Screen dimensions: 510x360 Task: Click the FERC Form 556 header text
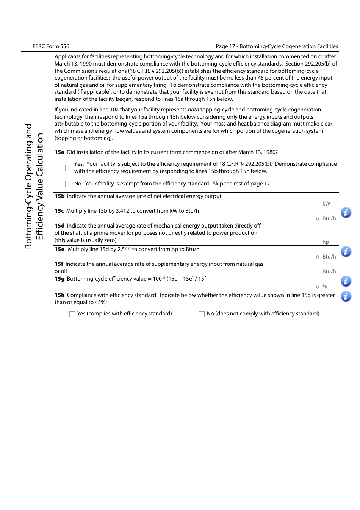pos(51,46)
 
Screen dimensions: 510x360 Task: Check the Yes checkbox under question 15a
pos(68,168)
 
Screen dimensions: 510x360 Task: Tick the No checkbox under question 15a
pos(68,184)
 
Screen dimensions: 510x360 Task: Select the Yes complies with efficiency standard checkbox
pos(72,314)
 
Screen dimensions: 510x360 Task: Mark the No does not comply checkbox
pos(202,314)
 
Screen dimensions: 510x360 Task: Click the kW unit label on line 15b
pos(326,204)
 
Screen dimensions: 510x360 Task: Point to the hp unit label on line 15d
pos(326,242)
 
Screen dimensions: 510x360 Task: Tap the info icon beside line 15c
pos(346,213)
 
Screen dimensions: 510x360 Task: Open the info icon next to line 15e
pos(346,251)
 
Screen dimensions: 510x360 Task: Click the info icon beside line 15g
pos(346,281)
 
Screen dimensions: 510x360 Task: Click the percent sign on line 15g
pos(325,286)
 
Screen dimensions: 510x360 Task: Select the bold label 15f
pos(59,264)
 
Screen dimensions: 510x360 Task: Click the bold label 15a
pos(59,152)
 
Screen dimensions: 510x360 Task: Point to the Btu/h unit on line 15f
pos(329,271)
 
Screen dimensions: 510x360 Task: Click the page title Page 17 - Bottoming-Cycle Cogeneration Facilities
pos(277,46)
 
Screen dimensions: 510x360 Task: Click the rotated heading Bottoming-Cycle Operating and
pos(29,186)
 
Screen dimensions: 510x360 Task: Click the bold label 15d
pos(59,226)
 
